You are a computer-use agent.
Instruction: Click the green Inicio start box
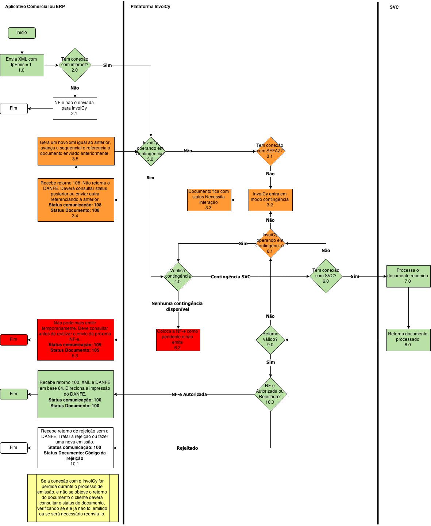click(22, 33)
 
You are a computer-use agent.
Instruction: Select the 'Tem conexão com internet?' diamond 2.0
click(75, 65)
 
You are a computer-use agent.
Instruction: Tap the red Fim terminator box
click(14, 340)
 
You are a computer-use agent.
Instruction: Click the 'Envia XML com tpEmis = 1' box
click(22, 65)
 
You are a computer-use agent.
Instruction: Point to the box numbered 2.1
click(75, 108)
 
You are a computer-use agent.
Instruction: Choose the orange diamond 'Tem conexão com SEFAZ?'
click(270, 151)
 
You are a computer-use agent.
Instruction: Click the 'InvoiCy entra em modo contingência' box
click(270, 199)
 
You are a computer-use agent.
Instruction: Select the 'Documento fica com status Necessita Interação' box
click(209, 199)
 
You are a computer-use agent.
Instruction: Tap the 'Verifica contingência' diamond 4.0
click(178, 277)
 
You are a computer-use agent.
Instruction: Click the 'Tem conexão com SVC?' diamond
click(326, 277)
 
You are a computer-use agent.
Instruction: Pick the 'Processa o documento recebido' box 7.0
click(408, 276)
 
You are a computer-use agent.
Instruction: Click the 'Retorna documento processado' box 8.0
click(408, 339)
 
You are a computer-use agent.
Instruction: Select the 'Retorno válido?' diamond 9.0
click(270, 339)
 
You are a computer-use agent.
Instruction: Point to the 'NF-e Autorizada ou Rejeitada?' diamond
click(270, 394)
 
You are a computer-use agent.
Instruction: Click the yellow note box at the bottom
click(73, 498)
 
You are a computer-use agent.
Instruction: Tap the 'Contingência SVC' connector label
click(231, 277)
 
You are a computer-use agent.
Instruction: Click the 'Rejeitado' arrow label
click(187, 448)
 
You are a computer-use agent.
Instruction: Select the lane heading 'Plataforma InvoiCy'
click(150, 7)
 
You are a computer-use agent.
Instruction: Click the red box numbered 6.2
click(178, 340)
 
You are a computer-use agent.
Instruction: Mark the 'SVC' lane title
click(394, 7)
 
